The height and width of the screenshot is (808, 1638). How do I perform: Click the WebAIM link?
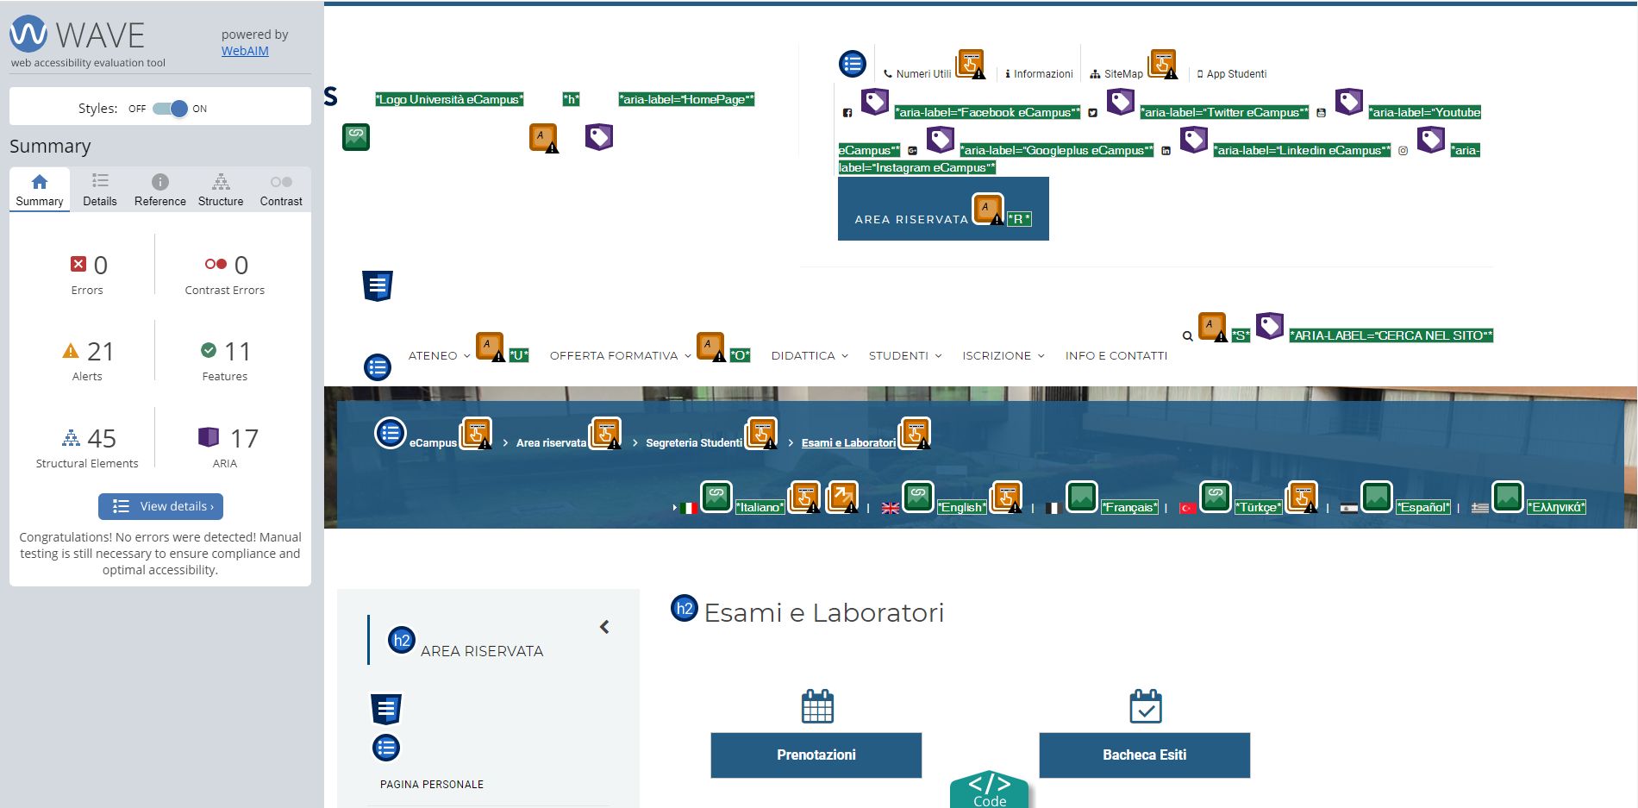tap(245, 51)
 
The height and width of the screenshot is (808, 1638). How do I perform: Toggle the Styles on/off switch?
tap(170, 109)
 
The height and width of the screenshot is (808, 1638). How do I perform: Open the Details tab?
tap(100, 190)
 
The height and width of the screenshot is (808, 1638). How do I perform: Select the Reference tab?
tap(160, 190)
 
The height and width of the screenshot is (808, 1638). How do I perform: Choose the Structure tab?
tap(221, 190)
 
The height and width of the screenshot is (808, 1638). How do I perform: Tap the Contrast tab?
tap(281, 190)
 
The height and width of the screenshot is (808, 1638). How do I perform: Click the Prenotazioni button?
tap(816, 755)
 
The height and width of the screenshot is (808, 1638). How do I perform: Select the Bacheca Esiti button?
tap(1144, 755)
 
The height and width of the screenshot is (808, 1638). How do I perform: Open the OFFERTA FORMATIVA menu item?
tap(614, 355)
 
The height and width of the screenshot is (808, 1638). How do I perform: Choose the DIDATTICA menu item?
tap(803, 355)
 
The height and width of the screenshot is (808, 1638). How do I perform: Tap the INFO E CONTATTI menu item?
tap(1116, 355)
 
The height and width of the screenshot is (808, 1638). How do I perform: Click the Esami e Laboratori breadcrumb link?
tap(848, 443)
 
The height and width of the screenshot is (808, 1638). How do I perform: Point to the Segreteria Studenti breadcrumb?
tap(694, 443)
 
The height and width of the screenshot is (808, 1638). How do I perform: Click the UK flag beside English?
tap(891, 508)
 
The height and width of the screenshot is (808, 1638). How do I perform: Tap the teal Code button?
tap(990, 790)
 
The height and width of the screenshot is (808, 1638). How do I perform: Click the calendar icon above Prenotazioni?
tap(817, 705)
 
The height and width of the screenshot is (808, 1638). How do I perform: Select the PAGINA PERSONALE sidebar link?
tap(432, 785)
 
